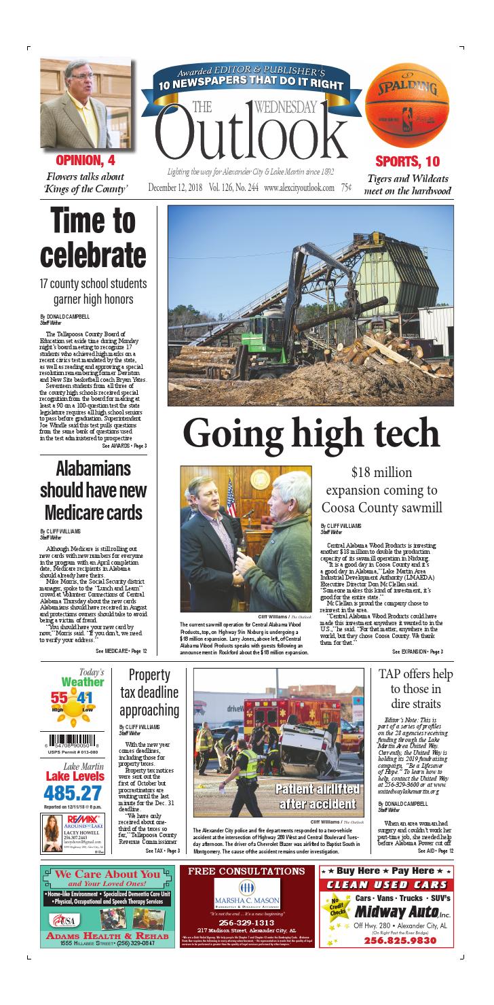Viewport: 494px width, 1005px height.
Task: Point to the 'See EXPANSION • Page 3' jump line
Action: pos(417,652)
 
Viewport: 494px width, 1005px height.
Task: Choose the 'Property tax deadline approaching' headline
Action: pos(149,692)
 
